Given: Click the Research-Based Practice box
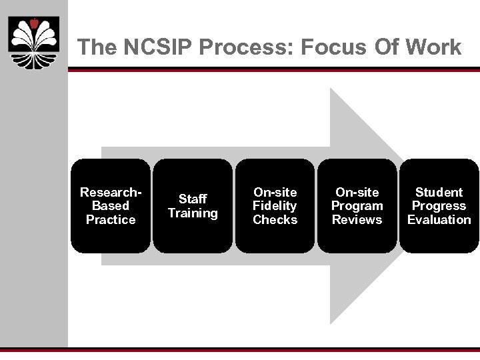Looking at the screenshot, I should pyautogui.click(x=111, y=206).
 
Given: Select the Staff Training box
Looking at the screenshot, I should pyautogui.click(x=193, y=206).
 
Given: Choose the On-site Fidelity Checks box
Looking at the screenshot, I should pyautogui.click(x=275, y=206).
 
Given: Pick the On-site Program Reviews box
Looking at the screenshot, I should pyautogui.click(x=357, y=206).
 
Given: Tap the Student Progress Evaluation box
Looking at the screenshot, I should pyautogui.click(x=439, y=206).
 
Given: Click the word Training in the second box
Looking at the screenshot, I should pyautogui.click(x=193, y=213).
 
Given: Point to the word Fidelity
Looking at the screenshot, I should pyautogui.click(x=275, y=206).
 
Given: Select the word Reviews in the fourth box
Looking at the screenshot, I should pyautogui.click(x=357, y=220).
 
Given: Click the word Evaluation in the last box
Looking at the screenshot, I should pyautogui.click(x=439, y=220).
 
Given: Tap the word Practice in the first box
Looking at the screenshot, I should pyautogui.click(x=111, y=220).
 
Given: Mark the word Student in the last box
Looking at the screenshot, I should pyautogui.click(x=439, y=192).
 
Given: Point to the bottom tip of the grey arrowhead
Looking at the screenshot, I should pyautogui.click(x=332, y=323).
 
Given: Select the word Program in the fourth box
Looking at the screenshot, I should pyautogui.click(x=357, y=206).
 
